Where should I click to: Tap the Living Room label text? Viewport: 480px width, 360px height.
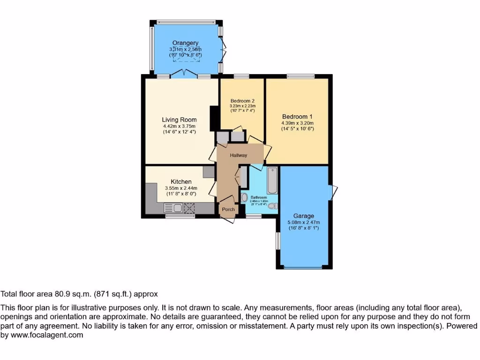179,120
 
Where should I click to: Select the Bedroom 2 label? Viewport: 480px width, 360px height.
242,101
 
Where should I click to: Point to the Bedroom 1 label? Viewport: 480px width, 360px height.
297,117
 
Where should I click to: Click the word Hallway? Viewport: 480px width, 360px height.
238,155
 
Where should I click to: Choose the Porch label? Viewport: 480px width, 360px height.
228,209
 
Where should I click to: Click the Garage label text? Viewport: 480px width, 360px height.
304,216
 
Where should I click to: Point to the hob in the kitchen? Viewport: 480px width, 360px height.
189,208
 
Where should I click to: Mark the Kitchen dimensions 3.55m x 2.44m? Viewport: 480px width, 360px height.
180,188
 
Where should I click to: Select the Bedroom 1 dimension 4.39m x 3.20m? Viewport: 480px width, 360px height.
297,123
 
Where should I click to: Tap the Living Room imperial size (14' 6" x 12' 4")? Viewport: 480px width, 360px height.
179,132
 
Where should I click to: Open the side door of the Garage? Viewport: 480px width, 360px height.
334,191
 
